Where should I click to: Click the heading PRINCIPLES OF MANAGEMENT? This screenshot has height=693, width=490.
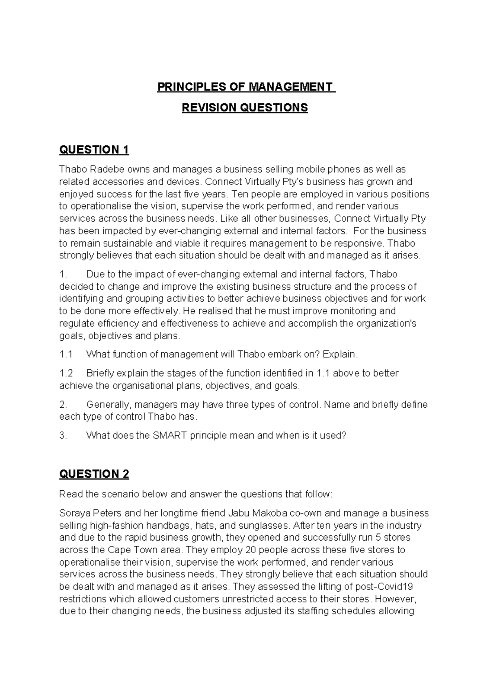click(x=245, y=87)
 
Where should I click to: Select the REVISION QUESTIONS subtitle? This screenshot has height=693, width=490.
click(x=245, y=108)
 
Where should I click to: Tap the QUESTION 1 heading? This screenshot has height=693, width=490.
click(x=94, y=150)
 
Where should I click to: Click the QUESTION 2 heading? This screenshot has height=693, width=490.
click(x=94, y=474)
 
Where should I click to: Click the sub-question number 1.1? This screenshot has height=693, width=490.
click(x=66, y=354)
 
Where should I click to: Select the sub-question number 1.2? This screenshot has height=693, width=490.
click(x=66, y=373)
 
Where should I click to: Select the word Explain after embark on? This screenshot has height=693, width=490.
click(x=340, y=354)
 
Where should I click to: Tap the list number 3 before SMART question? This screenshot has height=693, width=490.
click(x=62, y=436)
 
